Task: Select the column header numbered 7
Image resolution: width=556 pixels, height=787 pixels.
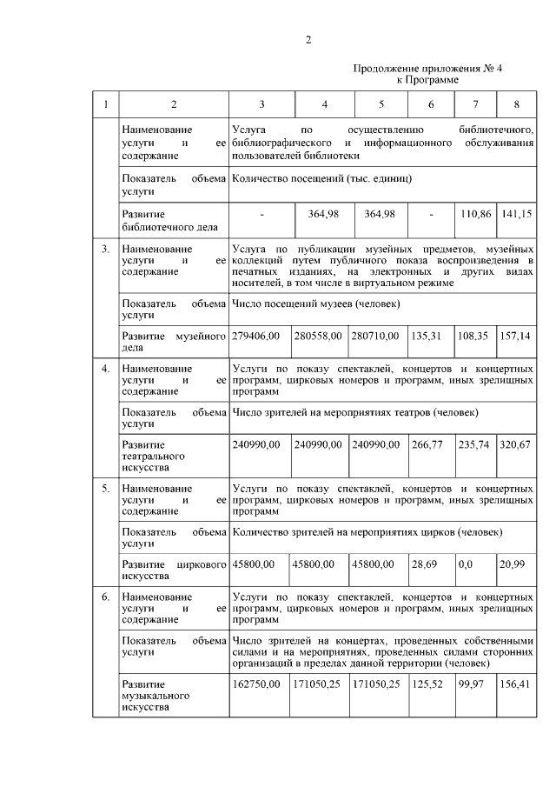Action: tap(474, 105)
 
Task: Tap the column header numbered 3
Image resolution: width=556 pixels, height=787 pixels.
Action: tap(261, 105)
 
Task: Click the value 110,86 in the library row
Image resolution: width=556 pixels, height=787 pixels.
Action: tap(473, 213)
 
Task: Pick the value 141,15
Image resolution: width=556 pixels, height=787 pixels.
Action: tap(516, 213)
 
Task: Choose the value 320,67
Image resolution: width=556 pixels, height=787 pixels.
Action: tap(515, 444)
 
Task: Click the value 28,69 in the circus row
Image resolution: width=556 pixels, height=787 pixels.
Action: tap(425, 564)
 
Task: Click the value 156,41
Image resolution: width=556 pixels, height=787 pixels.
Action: tap(515, 684)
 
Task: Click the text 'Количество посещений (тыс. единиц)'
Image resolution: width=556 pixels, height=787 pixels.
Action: tap(322, 177)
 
